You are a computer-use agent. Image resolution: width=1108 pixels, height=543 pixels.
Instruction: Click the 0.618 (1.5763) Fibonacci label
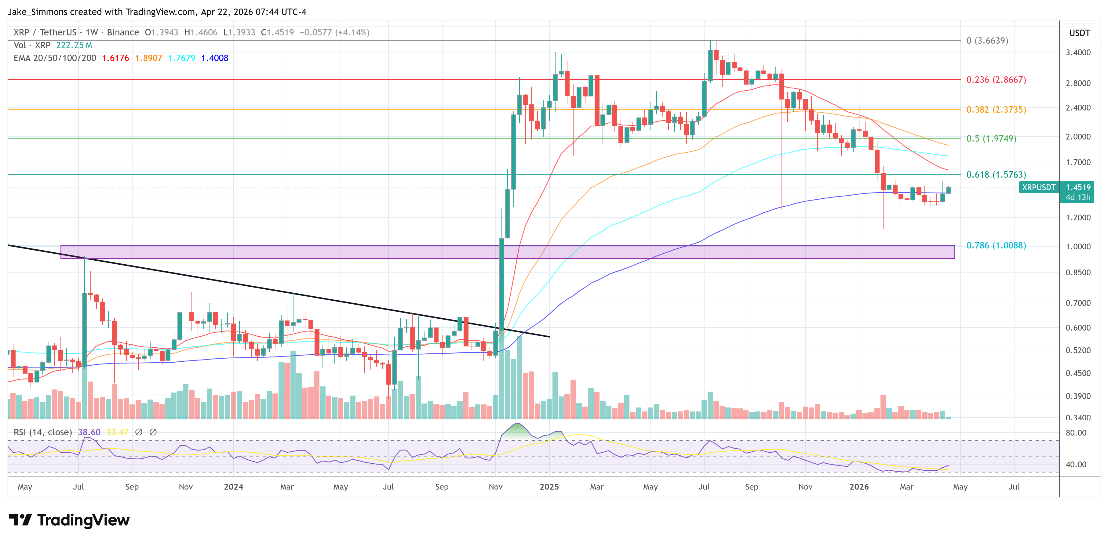[x=996, y=175]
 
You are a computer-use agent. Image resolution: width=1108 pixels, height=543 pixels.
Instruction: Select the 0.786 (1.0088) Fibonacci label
[x=996, y=245]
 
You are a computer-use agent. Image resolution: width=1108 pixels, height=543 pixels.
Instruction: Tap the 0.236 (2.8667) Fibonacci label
[x=996, y=80]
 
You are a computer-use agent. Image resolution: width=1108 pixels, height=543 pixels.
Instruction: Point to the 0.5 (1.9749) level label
[x=991, y=139]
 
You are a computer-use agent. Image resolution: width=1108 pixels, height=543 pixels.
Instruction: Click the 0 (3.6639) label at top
[x=987, y=40]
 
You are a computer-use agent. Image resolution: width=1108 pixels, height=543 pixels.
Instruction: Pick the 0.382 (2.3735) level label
[x=996, y=110]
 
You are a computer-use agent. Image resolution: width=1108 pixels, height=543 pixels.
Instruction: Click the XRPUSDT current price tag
[x=1038, y=187]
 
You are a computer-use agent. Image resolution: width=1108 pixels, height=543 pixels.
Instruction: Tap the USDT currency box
[x=1079, y=33]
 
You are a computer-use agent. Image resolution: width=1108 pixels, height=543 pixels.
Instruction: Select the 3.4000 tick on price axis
[x=1078, y=52]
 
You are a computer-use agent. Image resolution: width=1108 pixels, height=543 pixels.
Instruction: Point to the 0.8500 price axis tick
[x=1078, y=273]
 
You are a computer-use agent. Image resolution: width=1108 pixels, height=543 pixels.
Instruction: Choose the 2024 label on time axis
[x=234, y=487]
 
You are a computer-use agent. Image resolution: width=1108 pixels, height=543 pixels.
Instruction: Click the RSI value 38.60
[x=89, y=432]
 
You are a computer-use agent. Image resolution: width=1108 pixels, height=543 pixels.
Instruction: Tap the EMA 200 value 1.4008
[x=215, y=58]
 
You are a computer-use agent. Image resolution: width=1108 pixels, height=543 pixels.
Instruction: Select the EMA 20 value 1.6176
[x=115, y=58]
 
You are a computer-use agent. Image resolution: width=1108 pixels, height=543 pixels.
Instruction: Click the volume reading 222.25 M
[x=74, y=45]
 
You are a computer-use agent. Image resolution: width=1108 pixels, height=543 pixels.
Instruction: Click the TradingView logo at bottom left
[x=69, y=520]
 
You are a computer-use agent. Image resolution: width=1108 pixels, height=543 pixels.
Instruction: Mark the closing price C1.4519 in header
[x=277, y=32]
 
